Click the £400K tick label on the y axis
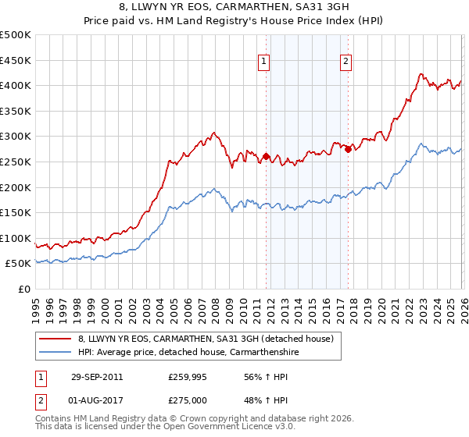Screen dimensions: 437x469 point(16,85)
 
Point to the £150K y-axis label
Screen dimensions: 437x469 point(16,212)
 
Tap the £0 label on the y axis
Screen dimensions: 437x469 point(23,289)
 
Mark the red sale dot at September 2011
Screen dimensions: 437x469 point(266,157)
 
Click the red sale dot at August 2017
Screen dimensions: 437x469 point(347,149)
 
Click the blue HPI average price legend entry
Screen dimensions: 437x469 point(187,352)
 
